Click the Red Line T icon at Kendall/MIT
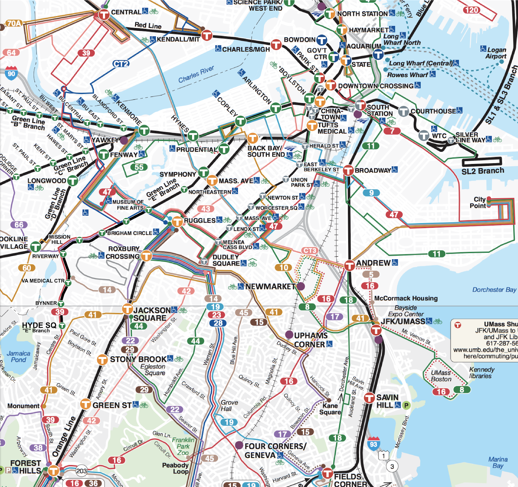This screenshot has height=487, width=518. (x=207, y=35)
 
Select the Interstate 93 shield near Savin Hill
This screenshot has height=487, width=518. (x=374, y=444)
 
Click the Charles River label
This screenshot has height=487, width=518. (x=196, y=75)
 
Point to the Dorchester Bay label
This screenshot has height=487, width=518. (x=494, y=290)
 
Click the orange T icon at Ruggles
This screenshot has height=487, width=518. (x=177, y=222)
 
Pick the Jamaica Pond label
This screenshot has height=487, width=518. (x=18, y=356)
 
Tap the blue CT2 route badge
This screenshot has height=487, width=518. (x=121, y=64)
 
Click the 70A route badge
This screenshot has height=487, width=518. (x=14, y=23)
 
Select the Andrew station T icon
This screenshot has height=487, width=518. (x=349, y=265)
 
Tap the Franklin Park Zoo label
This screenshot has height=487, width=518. (x=183, y=446)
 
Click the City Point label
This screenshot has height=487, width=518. (x=479, y=202)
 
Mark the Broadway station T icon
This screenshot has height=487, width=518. (x=348, y=170)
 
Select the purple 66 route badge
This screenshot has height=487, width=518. (x=19, y=225)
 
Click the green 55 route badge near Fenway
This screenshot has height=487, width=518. (x=139, y=167)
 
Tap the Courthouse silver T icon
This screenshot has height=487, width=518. (x=403, y=111)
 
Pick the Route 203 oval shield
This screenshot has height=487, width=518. (x=82, y=471)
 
